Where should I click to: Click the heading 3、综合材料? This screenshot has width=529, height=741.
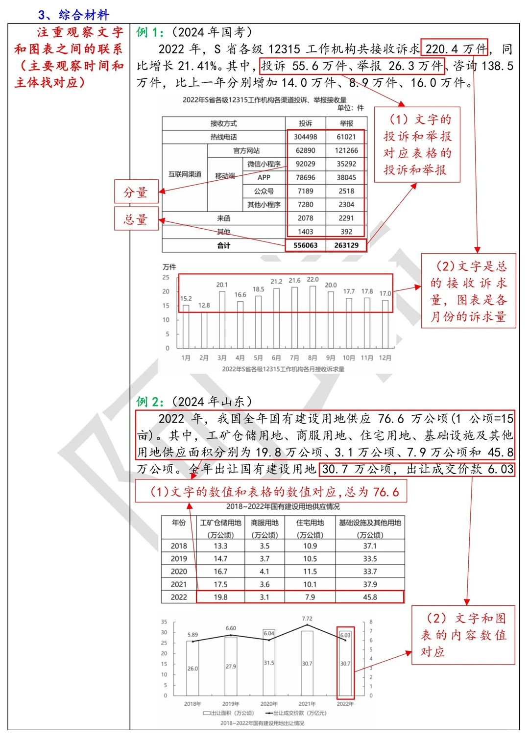coord(73,15)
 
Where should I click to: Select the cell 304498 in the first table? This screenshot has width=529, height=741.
coord(305,137)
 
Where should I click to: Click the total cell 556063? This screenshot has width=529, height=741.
coord(305,245)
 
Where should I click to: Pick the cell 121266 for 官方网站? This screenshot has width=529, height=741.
coord(346,150)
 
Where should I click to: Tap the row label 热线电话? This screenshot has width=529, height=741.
coord(223,137)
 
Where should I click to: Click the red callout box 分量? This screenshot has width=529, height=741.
coord(136,191)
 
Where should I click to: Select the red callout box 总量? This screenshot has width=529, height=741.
coord(136,219)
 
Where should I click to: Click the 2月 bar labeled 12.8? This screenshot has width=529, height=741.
coord(204,328)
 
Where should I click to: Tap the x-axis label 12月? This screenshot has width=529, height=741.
coord(385,358)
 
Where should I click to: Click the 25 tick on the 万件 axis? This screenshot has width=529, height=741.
coord(166,277)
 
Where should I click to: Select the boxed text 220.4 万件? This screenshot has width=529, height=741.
coord(455,48)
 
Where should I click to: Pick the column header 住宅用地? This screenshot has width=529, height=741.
coord(310,523)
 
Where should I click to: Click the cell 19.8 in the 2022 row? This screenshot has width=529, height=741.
coord(220,597)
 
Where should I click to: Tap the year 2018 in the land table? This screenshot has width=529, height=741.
coord(179,546)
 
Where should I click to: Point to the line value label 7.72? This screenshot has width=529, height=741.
coord(307,619)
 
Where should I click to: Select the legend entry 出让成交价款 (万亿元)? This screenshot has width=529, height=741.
coord(296,713)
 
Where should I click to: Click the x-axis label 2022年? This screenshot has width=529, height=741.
coord(345,704)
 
